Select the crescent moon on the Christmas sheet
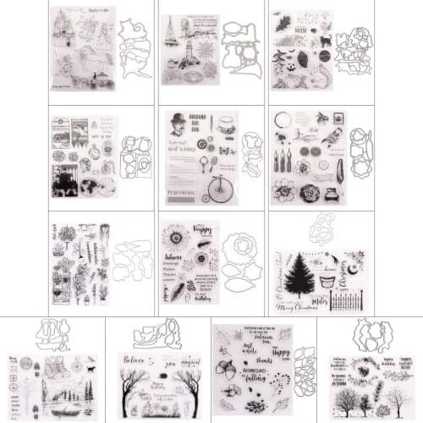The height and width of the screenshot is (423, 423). [x=349, y=266]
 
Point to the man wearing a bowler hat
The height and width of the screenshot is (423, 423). [x=178, y=124]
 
